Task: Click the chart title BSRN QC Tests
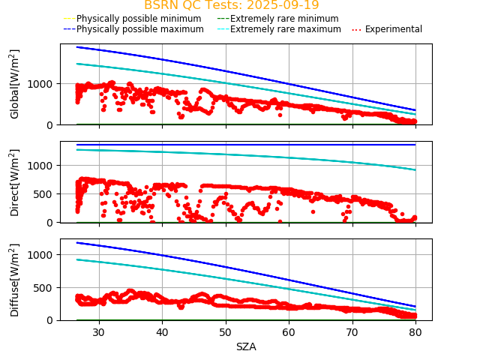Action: tap(231, 5)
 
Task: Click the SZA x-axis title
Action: tap(246, 347)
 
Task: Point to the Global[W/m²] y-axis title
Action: tap(15, 84)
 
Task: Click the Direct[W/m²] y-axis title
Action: tap(15, 182)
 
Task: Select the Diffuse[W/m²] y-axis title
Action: tap(15, 280)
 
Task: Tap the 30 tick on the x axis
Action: tap(99, 331)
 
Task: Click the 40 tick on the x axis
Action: tap(162, 331)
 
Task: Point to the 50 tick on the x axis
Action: tap(226, 331)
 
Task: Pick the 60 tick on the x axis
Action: tap(289, 331)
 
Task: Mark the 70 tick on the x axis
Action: tap(352, 331)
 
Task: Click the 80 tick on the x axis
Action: tap(415, 331)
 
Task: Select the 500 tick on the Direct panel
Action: tap(45, 194)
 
